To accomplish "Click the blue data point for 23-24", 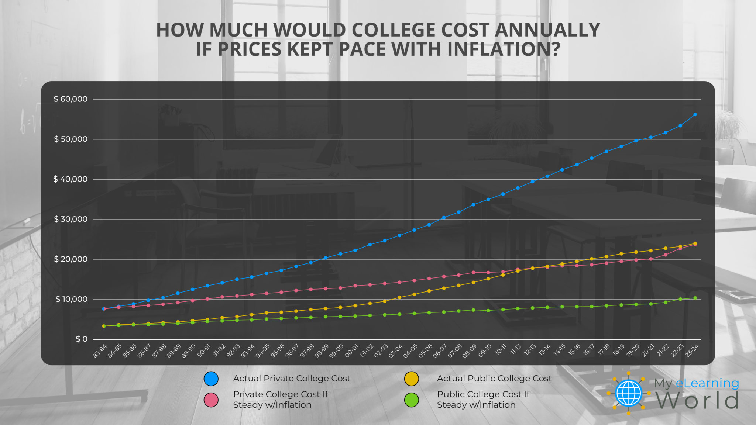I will pyautogui.click(x=695, y=114).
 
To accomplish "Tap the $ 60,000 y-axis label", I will pyautogui.click(x=71, y=99).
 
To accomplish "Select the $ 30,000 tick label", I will pyautogui.click(x=71, y=219).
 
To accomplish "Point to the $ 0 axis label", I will pyautogui.click(x=82, y=339).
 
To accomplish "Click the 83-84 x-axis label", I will pyautogui.click(x=100, y=351).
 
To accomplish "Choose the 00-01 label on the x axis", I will pyautogui.click(x=351, y=351).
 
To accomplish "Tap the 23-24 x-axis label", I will pyautogui.click(x=692, y=351).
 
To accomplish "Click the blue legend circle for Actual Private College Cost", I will pyautogui.click(x=211, y=379).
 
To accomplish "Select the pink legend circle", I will pyautogui.click(x=211, y=400).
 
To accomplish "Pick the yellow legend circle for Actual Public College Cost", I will pyautogui.click(x=411, y=379).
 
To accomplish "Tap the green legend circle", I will pyautogui.click(x=411, y=400).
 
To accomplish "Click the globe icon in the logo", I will pyautogui.click(x=629, y=393).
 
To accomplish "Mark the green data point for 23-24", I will pyautogui.click(x=695, y=298).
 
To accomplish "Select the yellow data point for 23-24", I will pyautogui.click(x=695, y=243).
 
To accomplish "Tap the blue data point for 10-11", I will pyautogui.click(x=503, y=194).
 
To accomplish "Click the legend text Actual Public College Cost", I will pyautogui.click(x=494, y=379).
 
